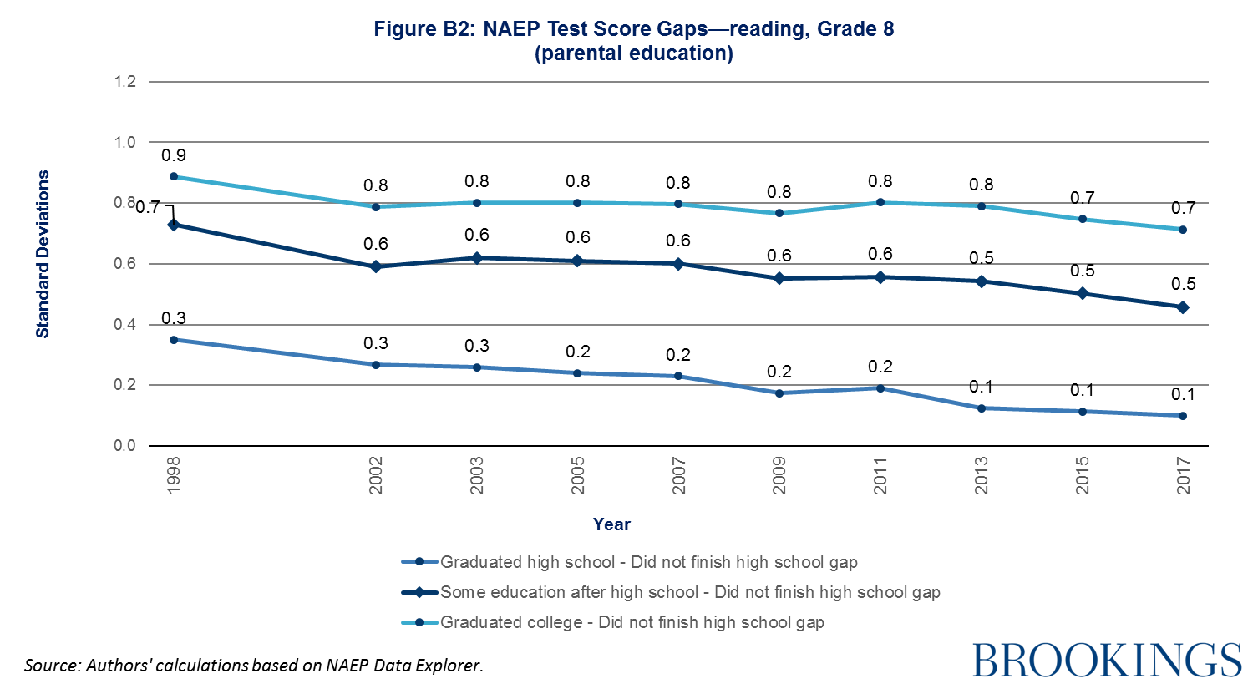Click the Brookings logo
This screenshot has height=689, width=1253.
[x=1107, y=660]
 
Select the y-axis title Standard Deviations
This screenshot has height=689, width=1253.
[x=43, y=254]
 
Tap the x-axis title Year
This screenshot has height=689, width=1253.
[x=611, y=524]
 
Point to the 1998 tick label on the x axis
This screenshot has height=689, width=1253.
[x=174, y=475]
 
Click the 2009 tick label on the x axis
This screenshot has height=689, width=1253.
[x=779, y=475]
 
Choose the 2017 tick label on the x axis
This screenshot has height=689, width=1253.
[x=1183, y=475]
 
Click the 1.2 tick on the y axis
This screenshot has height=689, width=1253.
[x=125, y=82]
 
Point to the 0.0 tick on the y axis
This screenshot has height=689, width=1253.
[x=125, y=446]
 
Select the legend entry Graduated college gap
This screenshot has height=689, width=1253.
[x=632, y=622]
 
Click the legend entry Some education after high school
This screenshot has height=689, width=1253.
[x=690, y=592]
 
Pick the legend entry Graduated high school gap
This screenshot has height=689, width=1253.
[x=648, y=562]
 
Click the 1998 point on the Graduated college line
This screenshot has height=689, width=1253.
[x=174, y=176]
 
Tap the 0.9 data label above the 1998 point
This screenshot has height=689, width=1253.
[x=174, y=155]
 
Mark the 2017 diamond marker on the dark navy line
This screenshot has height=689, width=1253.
[x=1183, y=307]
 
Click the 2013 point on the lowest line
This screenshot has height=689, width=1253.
[x=982, y=408]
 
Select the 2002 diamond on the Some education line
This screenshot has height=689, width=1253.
[x=376, y=266]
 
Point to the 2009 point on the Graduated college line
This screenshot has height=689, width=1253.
[x=779, y=213]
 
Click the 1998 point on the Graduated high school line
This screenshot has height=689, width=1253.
[x=174, y=340]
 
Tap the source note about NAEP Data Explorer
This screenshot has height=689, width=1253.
[x=254, y=666]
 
